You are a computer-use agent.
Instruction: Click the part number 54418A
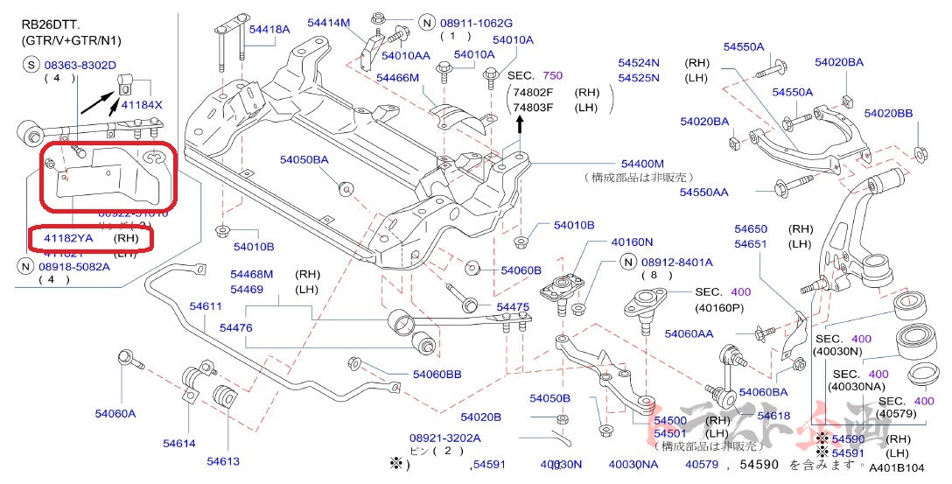[269, 30]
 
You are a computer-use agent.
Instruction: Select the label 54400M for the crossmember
[642, 164]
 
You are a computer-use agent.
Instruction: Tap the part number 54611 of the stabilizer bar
[206, 305]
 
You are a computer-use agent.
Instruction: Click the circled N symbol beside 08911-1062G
[426, 23]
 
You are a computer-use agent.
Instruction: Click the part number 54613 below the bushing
[223, 461]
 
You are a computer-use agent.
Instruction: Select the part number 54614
[178, 444]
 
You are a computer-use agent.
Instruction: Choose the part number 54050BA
[304, 159]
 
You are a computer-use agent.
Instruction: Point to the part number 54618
[773, 416]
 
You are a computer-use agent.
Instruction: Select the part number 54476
[236, 327]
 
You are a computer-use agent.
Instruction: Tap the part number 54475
[513, 307]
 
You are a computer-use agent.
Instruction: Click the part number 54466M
[398, 78]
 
